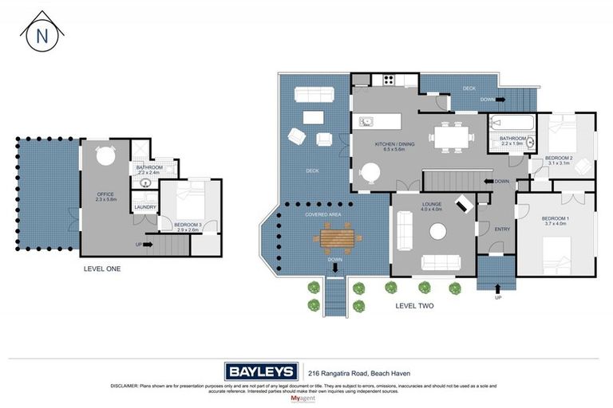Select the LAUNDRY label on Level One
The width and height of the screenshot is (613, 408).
click(x=144, y=207)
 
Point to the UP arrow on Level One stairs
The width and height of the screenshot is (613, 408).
click(x=146, y=245)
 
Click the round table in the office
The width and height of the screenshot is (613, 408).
click(x=105, y=157)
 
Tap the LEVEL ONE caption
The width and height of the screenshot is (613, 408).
click(x=102, y=269)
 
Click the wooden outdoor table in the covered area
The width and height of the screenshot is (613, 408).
click(x=336, y=237)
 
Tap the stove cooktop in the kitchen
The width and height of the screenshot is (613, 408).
click(x=391, y=79)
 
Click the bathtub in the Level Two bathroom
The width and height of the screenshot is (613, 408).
click(x=508, y=124)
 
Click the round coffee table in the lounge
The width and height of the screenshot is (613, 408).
click(x=438, y=231)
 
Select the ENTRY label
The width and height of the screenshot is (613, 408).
click(x=501, y=229)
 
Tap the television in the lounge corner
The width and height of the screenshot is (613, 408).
click(x=464, y=204)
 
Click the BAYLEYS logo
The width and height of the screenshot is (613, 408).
click(x=261, y=371)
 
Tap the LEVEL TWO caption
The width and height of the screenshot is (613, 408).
click(x=414, y=305)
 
